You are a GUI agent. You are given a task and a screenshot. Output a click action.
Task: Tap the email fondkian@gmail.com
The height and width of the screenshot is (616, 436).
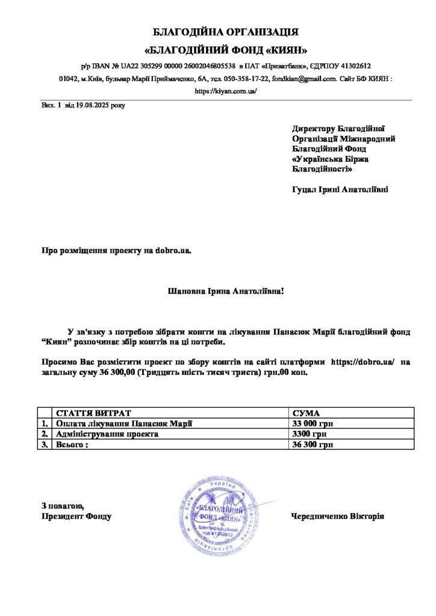(304, 79)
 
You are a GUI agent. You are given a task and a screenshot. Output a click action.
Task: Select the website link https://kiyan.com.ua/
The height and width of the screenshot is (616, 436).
(226, 91)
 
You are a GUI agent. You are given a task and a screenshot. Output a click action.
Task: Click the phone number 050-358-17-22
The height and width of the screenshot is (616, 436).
(247, 79)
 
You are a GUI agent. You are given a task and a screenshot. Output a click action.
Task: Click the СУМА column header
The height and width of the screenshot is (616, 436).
(306, 413)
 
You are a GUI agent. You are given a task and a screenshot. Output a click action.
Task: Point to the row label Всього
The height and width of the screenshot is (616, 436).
(72, 445)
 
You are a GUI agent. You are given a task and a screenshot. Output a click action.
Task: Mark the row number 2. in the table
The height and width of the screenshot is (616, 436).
(44, 434)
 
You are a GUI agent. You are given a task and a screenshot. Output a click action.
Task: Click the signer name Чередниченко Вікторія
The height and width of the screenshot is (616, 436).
(337, 516)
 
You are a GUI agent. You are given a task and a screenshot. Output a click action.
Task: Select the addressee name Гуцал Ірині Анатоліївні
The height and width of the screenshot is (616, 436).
(340, 189)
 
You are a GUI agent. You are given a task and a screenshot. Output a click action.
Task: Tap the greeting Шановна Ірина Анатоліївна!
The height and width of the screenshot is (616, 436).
(225, 291)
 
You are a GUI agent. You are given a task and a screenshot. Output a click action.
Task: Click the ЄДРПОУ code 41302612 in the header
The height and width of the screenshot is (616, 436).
(353, 66)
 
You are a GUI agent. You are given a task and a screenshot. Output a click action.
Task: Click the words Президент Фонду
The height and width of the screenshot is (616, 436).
(76, 516)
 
